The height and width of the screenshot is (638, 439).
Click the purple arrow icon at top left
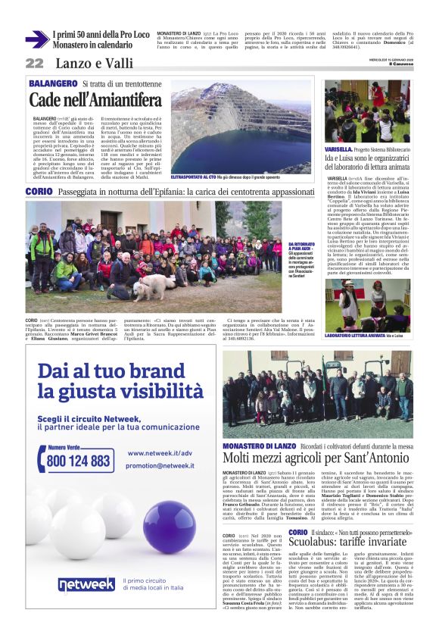pos(36,39)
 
